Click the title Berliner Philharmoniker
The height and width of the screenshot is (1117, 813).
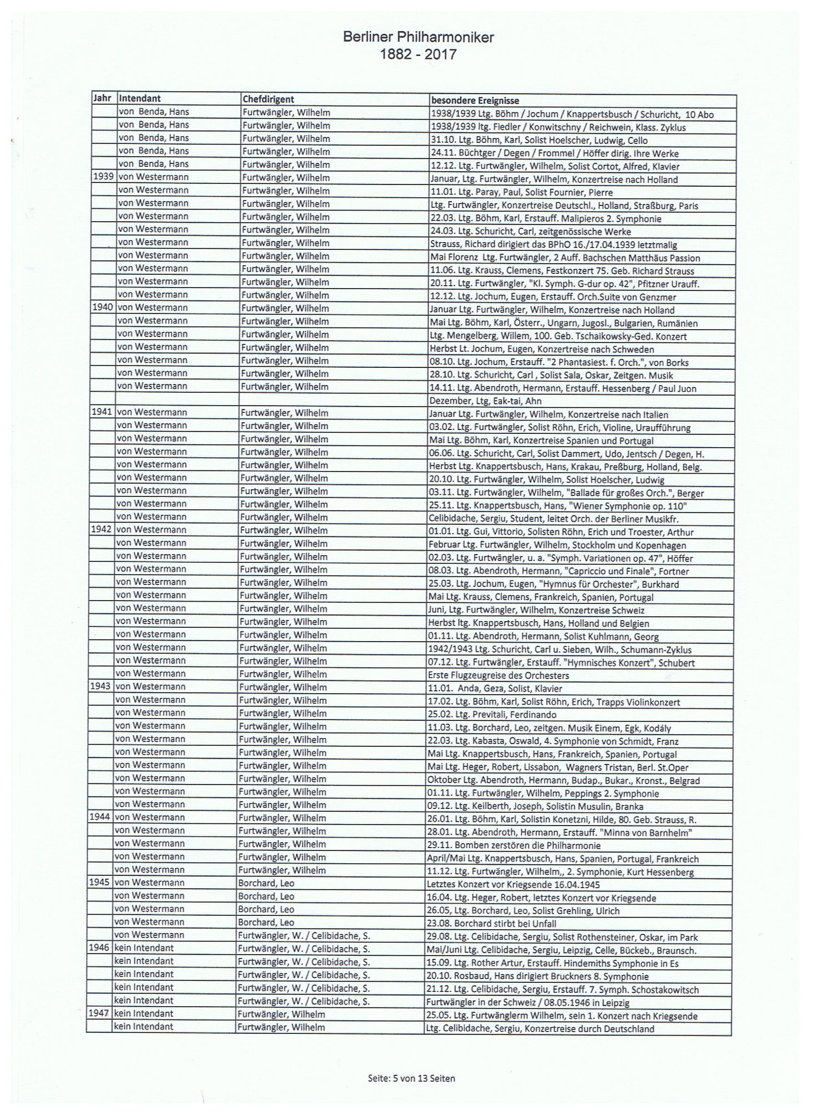point(418,37)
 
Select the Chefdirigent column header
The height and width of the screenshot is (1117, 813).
point(268,100)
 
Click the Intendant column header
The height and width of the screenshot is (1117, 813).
point(140,99)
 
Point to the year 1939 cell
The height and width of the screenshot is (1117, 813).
point(103,177)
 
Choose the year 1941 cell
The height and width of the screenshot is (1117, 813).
point(103,412)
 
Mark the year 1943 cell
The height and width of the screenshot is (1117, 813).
point(101,686)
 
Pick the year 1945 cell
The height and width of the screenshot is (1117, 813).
point(100,883)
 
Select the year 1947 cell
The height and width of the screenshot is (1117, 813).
point(100,1013)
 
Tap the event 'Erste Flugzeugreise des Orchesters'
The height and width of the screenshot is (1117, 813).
point(498,675)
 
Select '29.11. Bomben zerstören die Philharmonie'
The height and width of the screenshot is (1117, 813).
point(513,846)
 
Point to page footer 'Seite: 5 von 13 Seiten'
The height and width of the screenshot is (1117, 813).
point(411,1078)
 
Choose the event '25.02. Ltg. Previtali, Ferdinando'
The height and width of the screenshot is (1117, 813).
point(492,715)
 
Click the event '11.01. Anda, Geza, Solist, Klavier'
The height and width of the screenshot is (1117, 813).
point(495,689)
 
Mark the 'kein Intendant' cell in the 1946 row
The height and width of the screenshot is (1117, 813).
point(144,948)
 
